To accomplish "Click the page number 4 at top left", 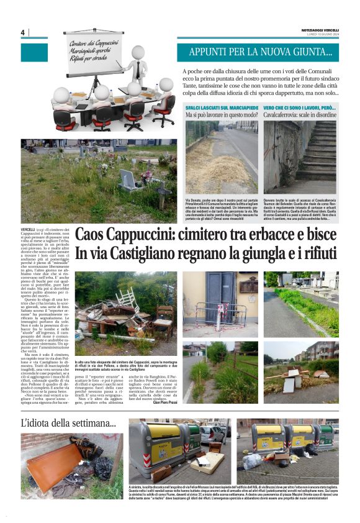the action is pyautogui.click(x=22, y=32).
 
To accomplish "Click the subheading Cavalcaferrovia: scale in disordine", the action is pyautogui.click(x=300, y=116).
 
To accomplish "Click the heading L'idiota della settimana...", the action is pyautogui.click(x=68, y=424).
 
